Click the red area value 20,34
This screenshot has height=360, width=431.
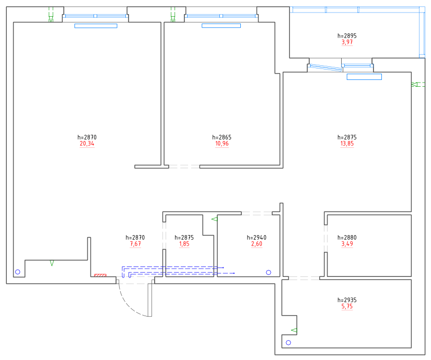tap(87, 144)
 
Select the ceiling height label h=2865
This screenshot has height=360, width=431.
tap(222, 137)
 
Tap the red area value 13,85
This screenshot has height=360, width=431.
tap(347, 144)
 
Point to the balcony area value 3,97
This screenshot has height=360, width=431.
tap(347, 42)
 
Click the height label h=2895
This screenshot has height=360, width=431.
tap(347, 36)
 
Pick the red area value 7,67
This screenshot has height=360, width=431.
tap(135, 244)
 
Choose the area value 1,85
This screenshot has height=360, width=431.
tap(184, 244)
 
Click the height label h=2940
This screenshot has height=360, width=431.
tap(257, 237)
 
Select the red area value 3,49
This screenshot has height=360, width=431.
tap(347, 244)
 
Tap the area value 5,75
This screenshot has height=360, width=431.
tap(347, 306)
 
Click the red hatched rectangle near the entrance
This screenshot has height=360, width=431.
tap(100, 275)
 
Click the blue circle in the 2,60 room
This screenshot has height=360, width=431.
tap(269, 272)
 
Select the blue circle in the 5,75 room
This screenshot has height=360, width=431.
tap(288, 343)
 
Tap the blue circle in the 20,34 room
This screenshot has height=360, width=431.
tap(18, 272)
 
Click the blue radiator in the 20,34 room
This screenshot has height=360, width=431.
tap(96, 26)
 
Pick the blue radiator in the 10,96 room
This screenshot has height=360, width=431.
tap(222, 26)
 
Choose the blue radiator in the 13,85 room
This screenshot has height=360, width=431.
tap(364, 77)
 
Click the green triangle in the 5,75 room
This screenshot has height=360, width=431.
tap(294, 330)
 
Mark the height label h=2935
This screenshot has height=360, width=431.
tap(347, 300)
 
